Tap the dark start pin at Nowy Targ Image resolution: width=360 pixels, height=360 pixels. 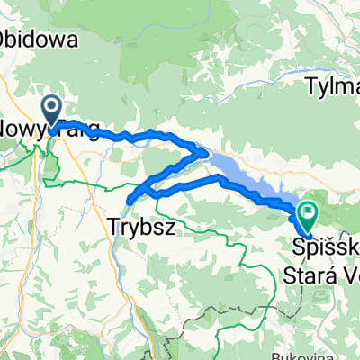[x=52, y=111]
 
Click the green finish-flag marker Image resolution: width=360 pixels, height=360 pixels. [x=308, y=213]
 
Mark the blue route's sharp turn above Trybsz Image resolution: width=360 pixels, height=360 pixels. [x=130, y=199]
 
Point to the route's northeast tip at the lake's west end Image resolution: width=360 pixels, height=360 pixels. [x=206, y=154]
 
